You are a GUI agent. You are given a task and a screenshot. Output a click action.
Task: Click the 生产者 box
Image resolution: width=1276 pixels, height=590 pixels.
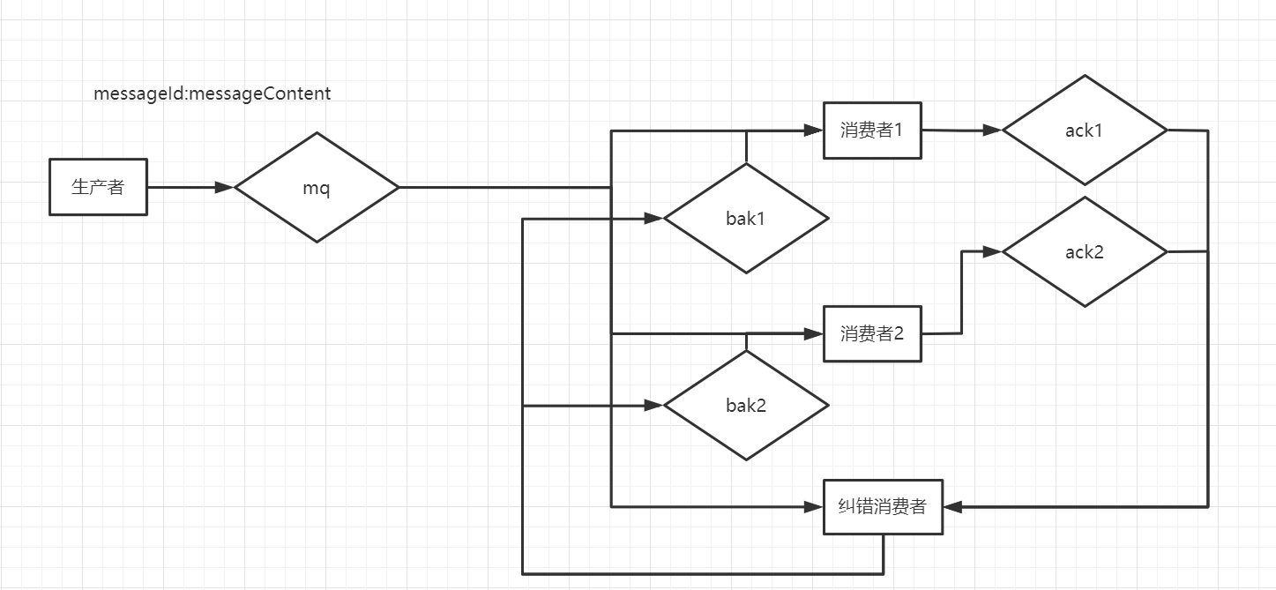point(98,187)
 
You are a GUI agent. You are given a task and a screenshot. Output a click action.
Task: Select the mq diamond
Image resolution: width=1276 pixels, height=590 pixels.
point(317,187)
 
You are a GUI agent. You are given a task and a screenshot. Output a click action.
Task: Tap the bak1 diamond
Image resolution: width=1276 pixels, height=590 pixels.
point(746,219)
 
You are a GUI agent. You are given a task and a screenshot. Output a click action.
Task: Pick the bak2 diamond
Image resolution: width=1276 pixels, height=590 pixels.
point(746,406)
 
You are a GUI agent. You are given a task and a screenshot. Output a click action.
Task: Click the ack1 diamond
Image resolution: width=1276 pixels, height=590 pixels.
point(1085,130)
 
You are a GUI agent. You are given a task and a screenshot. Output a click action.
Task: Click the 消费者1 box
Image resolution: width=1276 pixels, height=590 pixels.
point(872,131)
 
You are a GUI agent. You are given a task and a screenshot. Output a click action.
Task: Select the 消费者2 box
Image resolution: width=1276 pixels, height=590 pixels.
point(872,333)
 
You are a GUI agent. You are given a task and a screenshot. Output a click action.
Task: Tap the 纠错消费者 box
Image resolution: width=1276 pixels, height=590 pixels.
point(883,506)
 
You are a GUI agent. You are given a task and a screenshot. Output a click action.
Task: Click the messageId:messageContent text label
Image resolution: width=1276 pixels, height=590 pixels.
point(213,93)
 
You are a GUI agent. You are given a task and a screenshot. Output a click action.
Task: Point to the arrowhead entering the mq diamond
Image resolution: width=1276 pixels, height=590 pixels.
point(225,187)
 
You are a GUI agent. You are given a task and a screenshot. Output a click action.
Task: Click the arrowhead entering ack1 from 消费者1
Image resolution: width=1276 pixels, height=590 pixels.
point(993,131)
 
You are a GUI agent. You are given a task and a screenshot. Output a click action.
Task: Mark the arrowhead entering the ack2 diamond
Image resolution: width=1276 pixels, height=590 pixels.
point(993,252)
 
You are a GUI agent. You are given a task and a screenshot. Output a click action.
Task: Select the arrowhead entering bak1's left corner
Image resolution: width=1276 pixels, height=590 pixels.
point(654,219)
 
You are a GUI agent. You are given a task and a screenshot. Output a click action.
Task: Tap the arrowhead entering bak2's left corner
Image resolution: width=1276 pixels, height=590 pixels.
point(654,406)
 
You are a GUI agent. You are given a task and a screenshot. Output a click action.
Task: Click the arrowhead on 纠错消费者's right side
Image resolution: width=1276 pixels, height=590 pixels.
point(952,506)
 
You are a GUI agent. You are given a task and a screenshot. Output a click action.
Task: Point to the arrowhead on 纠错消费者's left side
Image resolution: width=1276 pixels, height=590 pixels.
point(814,506)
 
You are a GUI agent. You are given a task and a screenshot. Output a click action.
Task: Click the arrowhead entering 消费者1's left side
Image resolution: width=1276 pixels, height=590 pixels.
point(814,131)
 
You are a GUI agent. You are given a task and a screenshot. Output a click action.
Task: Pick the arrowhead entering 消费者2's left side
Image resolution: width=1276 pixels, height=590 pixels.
point(814,333)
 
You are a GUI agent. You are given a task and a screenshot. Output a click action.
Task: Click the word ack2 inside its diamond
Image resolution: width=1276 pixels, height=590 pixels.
point(1085,252)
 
